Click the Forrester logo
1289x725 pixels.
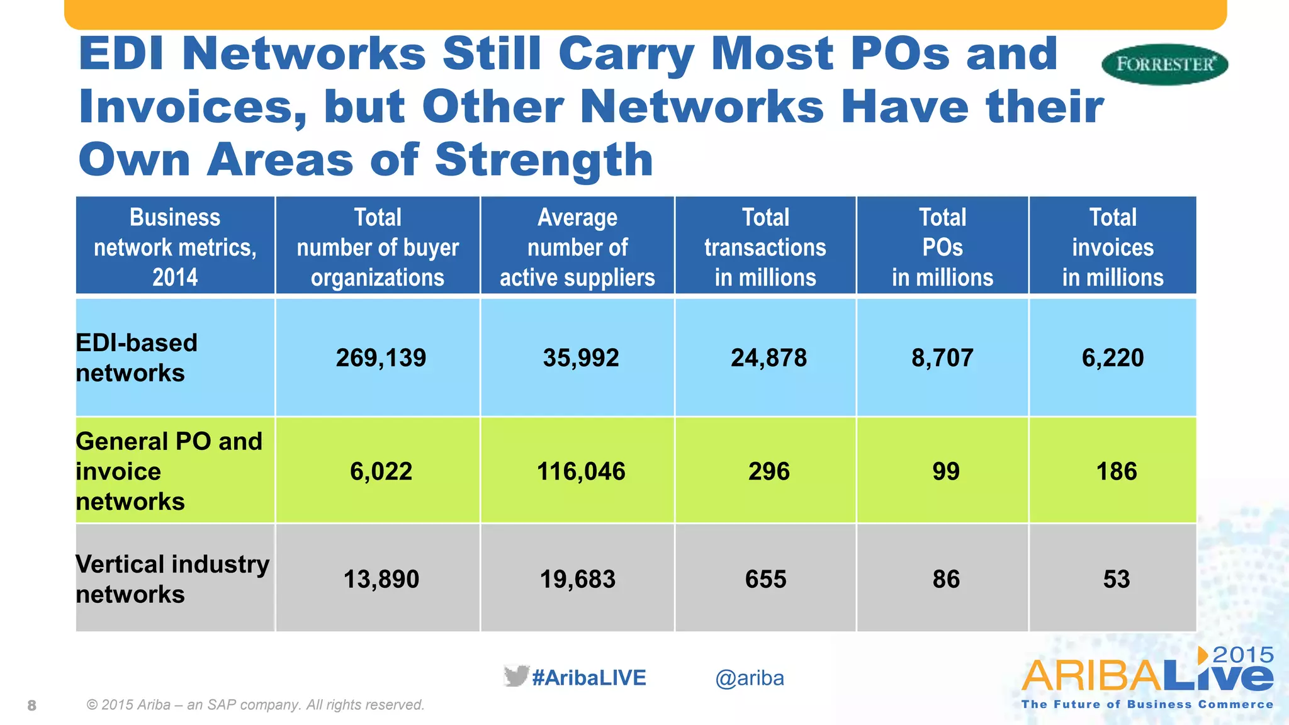coord(1164,64)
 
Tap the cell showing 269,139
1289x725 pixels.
coord(381,358)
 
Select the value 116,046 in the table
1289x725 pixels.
coord(580,471)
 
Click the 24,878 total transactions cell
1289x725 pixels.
coord(768,358)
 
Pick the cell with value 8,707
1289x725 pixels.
coord(942,358)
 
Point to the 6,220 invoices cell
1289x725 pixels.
coord(1113,358)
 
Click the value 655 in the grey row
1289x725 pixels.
coord(765,579)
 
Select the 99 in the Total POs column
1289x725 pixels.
coord(946,471)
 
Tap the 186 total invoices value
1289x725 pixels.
coord(1117,471)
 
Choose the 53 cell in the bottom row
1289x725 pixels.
coord(1117,579)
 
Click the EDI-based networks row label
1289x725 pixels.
coord(137,357)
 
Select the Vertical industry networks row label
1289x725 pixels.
coord(172,579)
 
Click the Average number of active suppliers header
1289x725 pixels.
coord(577,247)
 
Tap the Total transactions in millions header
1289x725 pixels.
coord(765,247)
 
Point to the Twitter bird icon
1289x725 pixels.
coord(516,676)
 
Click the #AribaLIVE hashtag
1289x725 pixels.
coord(589,678)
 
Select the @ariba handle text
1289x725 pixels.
coord(750,678)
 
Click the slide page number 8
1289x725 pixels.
coord(32,705)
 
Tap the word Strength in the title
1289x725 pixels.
coord(544,160)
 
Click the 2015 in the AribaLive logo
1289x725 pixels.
coord(1242,655)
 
